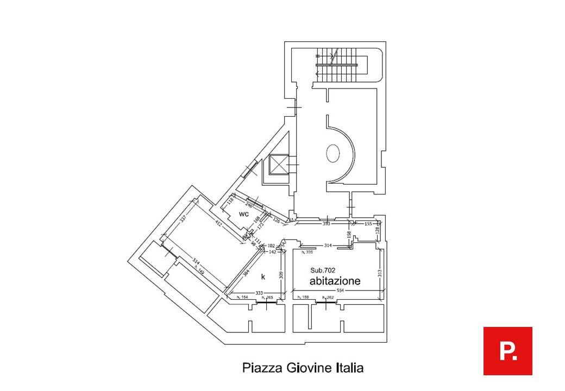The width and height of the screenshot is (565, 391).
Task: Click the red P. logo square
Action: (x=507, y=351)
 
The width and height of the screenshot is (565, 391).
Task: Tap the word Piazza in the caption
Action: (x=261, y=368)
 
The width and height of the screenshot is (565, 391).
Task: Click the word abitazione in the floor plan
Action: (x=335, y=281)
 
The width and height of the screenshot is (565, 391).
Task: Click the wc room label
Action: (x=244, y=214)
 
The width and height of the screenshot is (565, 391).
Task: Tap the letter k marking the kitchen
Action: (x=263, y=277)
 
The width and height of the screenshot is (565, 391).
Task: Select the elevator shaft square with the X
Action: (x=278, y=164)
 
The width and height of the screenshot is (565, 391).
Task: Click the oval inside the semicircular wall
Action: (x=332, y=154)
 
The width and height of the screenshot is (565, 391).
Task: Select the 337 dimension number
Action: (x=183, y=219)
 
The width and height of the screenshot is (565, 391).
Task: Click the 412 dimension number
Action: (x=218, y=223)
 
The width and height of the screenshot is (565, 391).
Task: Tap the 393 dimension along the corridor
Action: (x=327, y=223)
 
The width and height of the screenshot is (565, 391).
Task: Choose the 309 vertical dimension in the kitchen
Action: (x=281, y=275)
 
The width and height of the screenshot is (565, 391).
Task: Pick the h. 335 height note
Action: (x=309, y=252)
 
